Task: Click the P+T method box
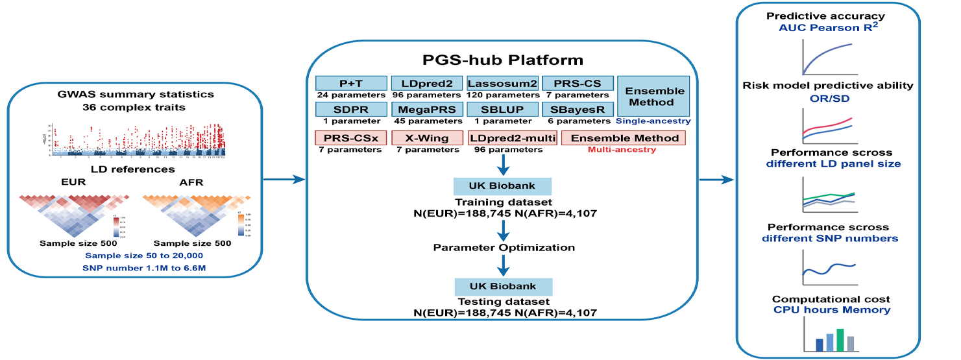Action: tap(350, 84)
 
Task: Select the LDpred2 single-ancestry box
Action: tap(426, 84)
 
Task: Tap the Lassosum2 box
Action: tap(502, 84)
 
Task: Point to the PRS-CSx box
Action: tap(350, 138)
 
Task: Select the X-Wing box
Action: tap(426, 138)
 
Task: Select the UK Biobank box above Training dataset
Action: tap(502, 186)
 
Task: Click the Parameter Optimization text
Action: tap(503, 248)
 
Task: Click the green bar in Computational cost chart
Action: tap(840, 338)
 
